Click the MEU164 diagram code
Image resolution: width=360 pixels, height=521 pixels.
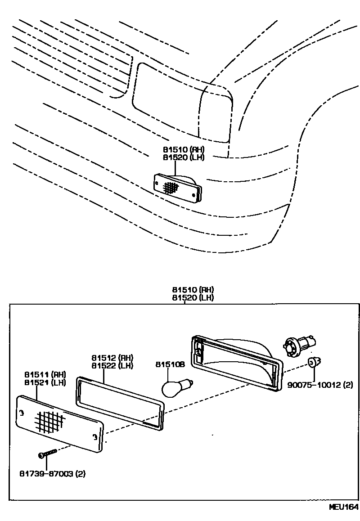click(x=343, y=507)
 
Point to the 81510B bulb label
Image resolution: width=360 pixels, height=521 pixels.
click(x=170, y=364)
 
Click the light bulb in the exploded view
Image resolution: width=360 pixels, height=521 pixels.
click(x=175, y=388)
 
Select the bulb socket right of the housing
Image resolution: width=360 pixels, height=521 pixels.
click(x=294, y=346)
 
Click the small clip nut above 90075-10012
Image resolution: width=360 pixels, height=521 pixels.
click(x=313, y=362)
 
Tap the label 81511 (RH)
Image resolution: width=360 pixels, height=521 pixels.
click(x=45, y=375)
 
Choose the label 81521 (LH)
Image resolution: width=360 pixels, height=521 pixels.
click(x=45, y=382)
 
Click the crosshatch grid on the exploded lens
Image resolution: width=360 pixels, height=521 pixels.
click(x=49, y=421)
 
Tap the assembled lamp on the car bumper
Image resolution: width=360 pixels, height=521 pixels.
click(x=177, y=188)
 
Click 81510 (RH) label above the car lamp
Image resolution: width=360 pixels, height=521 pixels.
click(x=184, y=149)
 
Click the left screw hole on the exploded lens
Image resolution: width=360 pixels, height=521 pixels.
click(x=21, y=413)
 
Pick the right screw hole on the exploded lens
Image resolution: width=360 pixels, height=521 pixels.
click(x=94, y=436)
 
